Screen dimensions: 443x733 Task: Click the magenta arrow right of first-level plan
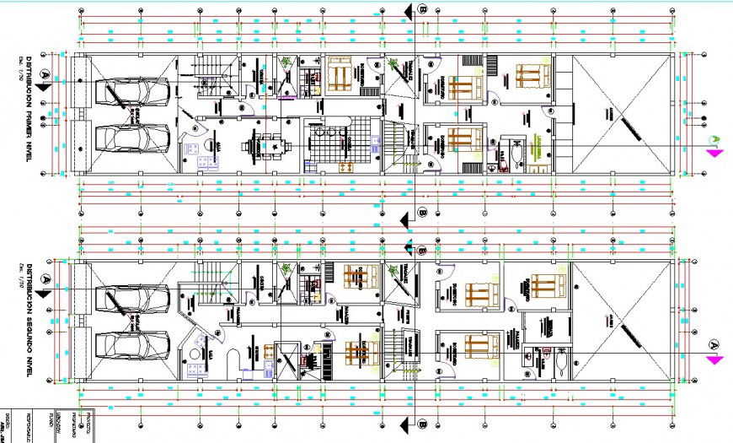715,154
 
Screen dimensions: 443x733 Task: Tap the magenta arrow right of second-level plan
715,359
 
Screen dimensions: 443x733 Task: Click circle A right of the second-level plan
713,344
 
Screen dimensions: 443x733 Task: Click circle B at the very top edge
424,9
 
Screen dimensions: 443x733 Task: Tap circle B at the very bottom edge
423,424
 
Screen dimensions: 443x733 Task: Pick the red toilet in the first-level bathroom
504,165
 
